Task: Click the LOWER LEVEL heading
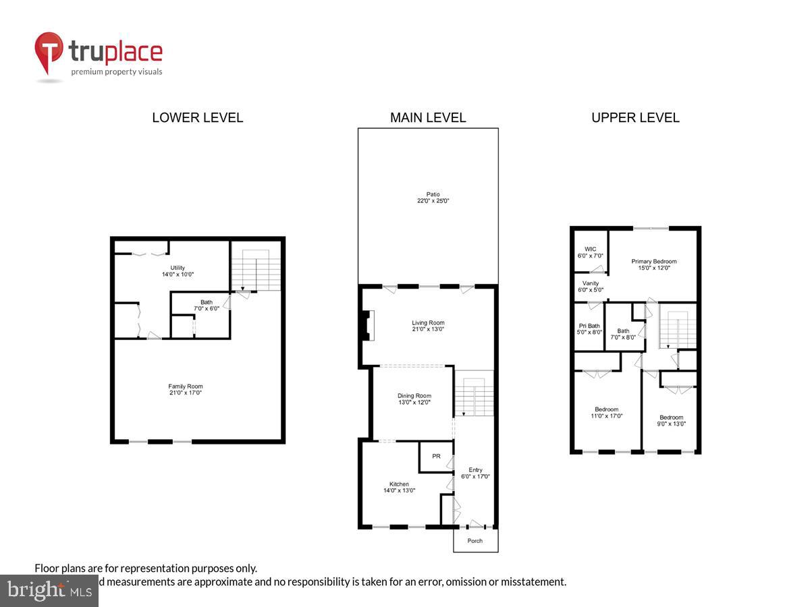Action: [197, 117]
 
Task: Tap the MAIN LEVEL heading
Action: [428, 117]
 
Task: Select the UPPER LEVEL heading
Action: [635, 117]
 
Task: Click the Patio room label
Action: [433, 194]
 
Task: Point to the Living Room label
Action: [428, 323]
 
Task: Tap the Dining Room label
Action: [414, 396]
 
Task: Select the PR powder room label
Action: [436, 457]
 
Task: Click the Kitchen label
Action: [399, 484]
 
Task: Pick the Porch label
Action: [475, 541]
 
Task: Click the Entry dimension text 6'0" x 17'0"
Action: [475, 477]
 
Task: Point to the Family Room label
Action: [186, 386]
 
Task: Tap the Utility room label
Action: [178, 268]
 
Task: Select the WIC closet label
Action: [591, 249]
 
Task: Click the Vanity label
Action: [591, 283]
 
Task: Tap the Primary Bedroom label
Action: [653, 262]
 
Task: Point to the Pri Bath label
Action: [589, 326]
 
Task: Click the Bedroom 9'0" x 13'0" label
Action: [671, 417]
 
